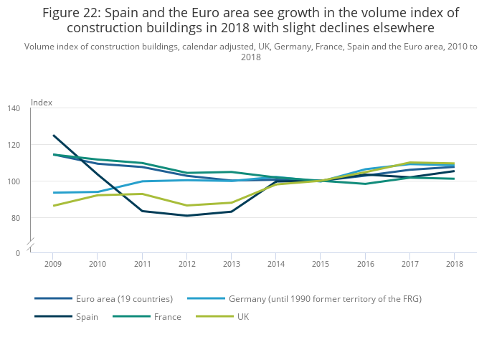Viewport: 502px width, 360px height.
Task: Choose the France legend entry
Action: pos(166,316)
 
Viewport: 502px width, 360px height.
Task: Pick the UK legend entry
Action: pos(243,316)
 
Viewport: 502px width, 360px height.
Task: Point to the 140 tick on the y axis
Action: pos(14,108)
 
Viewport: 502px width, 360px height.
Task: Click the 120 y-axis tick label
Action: pos(14,145)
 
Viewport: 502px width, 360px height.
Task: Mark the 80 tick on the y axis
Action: pos(16,217)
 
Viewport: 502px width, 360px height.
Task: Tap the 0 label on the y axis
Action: pos(19,253)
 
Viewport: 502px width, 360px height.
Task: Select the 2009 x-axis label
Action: pos(53,265)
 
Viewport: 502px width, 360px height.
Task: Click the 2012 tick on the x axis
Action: pos(186,265)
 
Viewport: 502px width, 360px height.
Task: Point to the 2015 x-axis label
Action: pos(321,265)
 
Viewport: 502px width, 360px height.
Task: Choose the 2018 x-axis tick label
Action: pos(454,265)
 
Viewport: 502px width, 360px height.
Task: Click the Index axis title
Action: pos(42,103)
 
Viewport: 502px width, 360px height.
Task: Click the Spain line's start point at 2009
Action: pos(53,135)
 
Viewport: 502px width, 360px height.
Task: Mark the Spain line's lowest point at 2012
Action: pos(186,216)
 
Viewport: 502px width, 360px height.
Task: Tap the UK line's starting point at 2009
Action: pos(53,206)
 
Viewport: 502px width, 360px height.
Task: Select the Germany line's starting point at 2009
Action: pos(53,192)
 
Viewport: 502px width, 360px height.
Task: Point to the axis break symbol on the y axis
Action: pos(31,246)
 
